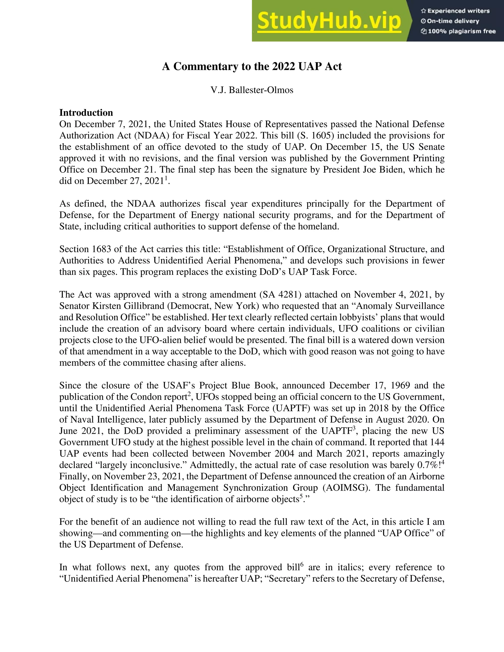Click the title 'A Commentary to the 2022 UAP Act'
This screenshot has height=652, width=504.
pos(252,66)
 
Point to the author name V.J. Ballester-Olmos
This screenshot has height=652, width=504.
pos(252,90)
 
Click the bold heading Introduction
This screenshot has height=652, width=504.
pos(86,112)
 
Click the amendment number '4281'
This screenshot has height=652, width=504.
pos(289,295)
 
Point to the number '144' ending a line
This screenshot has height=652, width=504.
pos(437,442)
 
